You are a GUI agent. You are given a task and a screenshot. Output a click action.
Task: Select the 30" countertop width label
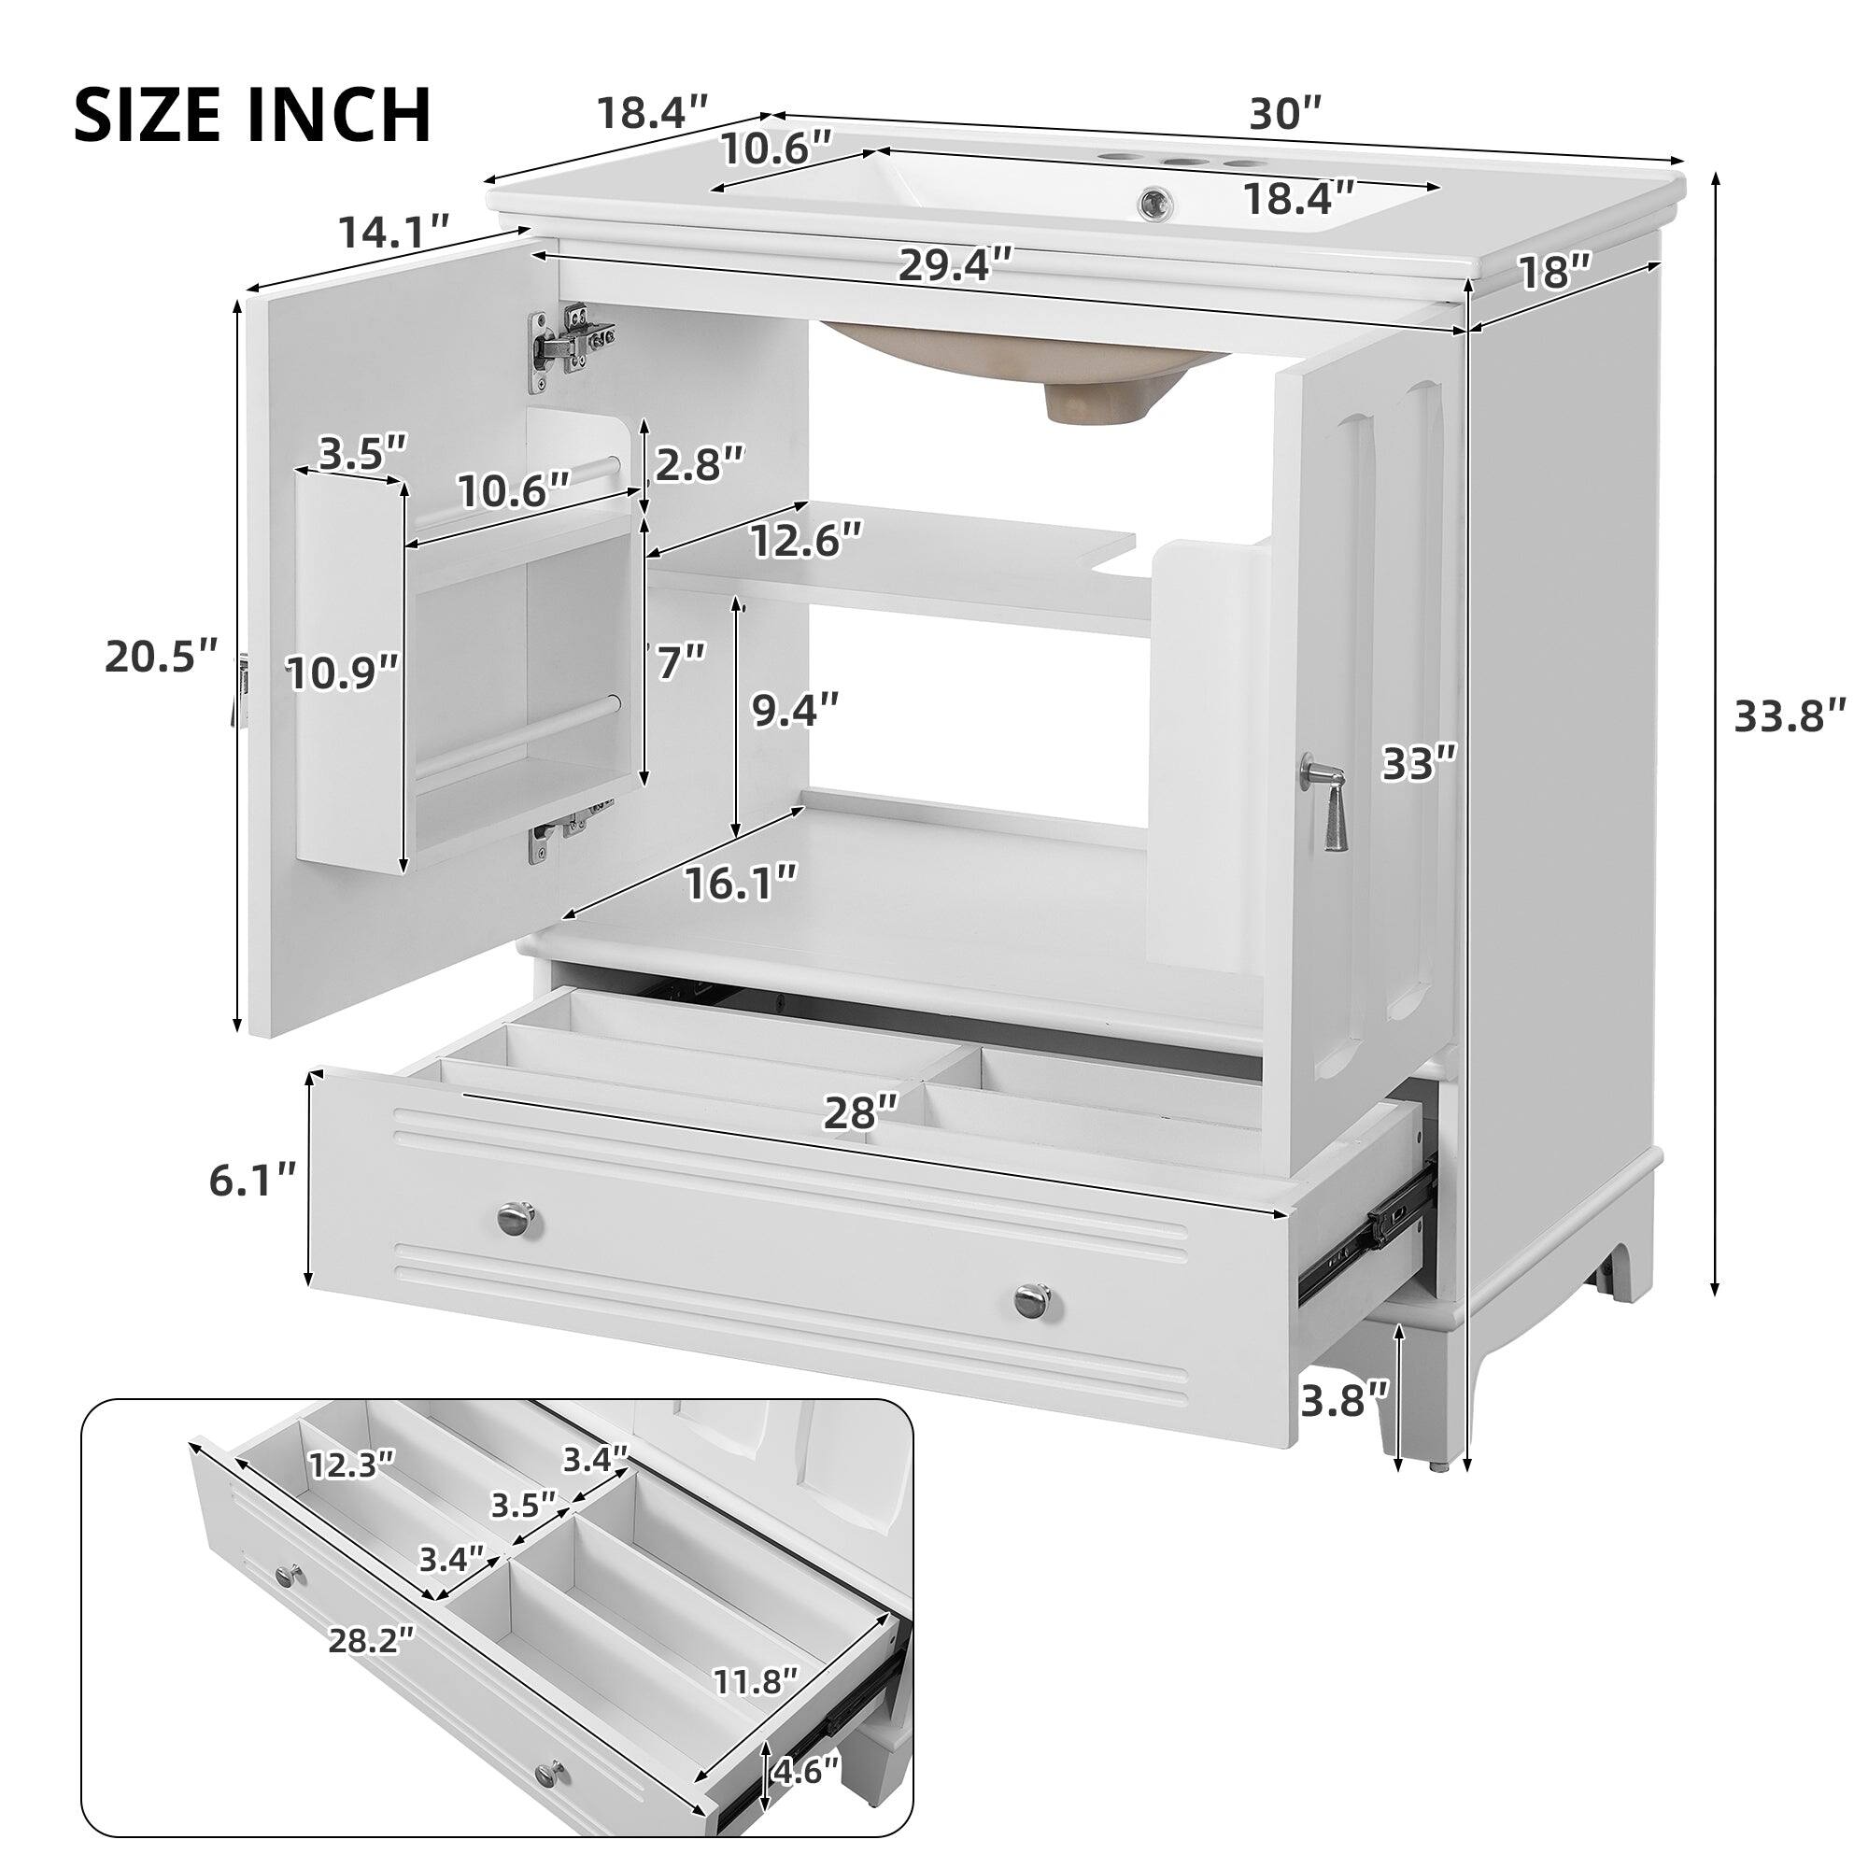[1285, 114]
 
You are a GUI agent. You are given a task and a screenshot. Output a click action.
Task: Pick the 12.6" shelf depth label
[806, 540]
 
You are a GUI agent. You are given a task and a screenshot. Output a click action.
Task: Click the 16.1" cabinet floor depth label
[742, 882]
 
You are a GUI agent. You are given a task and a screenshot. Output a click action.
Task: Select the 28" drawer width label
[861, 1113]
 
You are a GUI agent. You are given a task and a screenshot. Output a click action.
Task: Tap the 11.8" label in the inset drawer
[755, 1681]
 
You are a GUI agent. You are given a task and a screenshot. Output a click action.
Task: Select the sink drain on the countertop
[1153, 203]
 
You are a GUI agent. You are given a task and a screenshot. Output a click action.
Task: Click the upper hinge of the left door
[572, 342]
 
